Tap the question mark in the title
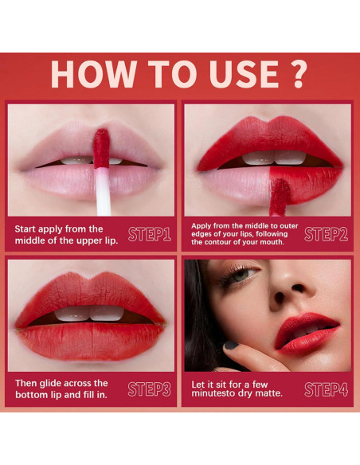tap(294, 72)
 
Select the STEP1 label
tap(149, 234)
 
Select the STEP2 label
tap(326, 234)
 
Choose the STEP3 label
tap(149, 389)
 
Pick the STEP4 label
tap(326, 389)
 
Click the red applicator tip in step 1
tap(100, 147)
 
